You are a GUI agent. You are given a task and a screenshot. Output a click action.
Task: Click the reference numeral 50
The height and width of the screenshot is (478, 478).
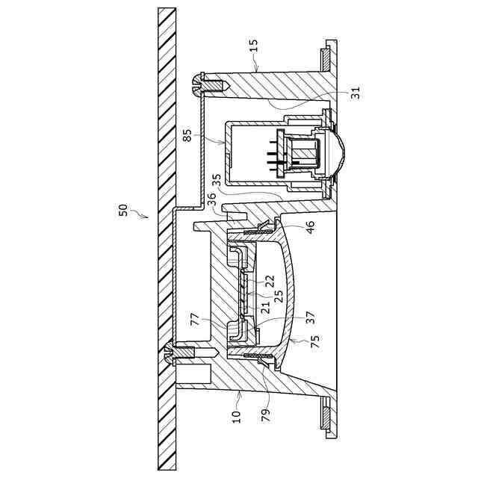pos(124,210)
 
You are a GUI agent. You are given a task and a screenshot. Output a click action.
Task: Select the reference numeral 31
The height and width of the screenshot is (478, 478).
pos(355,93)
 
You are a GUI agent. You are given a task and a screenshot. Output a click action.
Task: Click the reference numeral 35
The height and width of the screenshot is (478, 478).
pos(217,180)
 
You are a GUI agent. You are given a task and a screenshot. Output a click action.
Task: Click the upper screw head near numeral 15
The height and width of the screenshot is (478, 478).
pos(198,84)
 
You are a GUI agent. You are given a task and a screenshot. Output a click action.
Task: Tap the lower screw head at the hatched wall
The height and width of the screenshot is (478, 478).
pos(168,354)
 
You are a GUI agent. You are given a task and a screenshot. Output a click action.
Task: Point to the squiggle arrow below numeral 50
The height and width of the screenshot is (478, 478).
pos(138,214)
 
